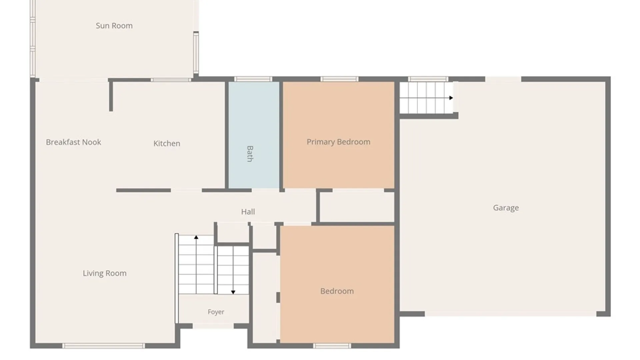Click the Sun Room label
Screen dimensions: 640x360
coord(114,26)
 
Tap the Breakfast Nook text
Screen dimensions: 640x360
coord(73,142)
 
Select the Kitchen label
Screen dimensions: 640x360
coord(167,143)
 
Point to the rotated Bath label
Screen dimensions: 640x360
coord(250,154)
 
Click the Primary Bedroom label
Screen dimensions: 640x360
coord(338,142)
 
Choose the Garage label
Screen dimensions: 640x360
coord(506,208)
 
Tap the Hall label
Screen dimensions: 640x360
coord(248,212)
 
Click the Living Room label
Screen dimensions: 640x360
coord(105,273)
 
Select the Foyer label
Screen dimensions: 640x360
coord(216,312)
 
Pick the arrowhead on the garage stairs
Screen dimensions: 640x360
coord(451,98)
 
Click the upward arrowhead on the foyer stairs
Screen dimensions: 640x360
coord(196,237)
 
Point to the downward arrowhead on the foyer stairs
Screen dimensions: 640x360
coord(233,292)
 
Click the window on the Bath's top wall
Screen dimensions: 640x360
coord(253,79)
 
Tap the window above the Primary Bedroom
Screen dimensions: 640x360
coord(339,79)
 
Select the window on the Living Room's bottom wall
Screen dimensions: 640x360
coord(104,346)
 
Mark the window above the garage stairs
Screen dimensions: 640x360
coord(428,79)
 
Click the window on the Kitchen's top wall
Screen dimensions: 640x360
coord(171,80)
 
